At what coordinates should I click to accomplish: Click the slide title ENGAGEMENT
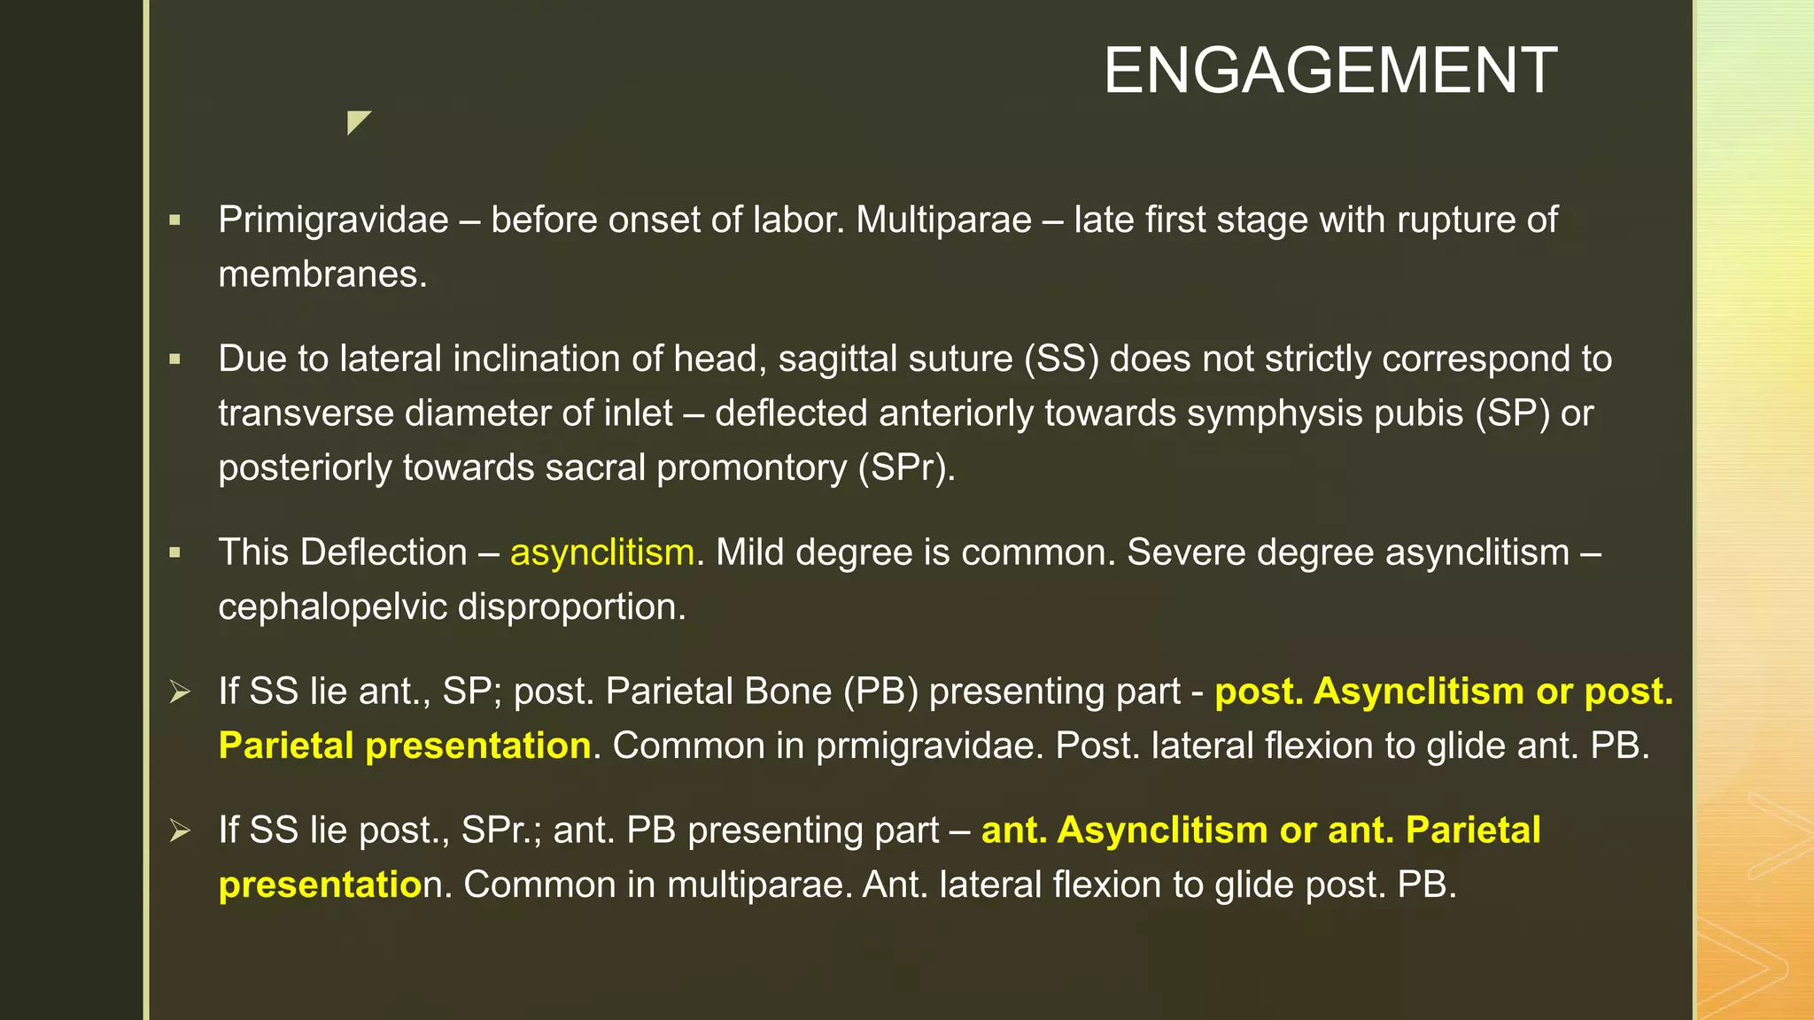pyautogui.click(x=1329, y=71)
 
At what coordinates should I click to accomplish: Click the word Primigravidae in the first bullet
pyautogui.click(x=333, y=220)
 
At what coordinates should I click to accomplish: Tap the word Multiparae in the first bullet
pyautogui.click(x=943, y=220)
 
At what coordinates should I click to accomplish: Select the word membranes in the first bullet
pyautogui.click(x=322, y=274)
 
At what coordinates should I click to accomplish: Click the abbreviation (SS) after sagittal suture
pyautogui.click(x=1061, y=359)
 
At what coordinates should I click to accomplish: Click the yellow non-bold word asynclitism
pyautogui.click(x=601, y=552)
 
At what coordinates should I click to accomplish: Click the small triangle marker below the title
pyautogui.click(x=357, y=121)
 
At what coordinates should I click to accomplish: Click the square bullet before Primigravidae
pyautogui.click(x=174, y=220)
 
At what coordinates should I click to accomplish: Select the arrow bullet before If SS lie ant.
pyautogui.click(x=180, y=692)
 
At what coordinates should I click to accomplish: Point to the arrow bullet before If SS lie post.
pyautogui.click(x=180, y=831)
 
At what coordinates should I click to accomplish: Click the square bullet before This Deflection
pyautogui.click(x=174, y=552)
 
